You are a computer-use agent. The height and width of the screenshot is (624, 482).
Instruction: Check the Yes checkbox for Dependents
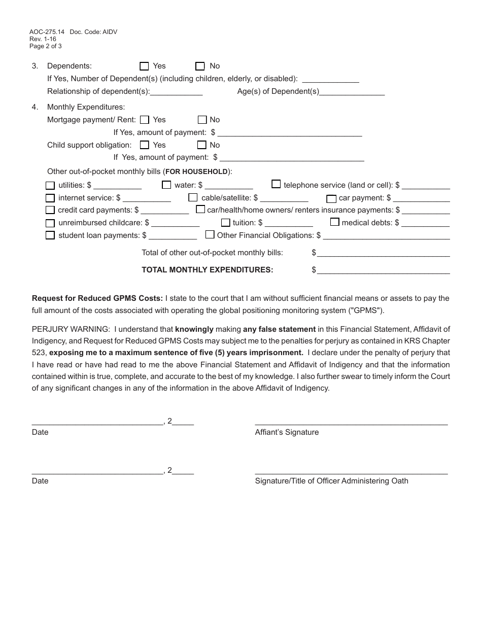144,66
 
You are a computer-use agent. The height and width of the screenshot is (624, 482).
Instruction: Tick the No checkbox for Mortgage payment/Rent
202,120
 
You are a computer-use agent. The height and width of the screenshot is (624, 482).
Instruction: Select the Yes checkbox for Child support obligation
144,145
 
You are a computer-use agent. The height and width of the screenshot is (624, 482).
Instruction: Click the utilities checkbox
50,186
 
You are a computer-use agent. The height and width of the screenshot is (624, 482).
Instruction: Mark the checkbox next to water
166,185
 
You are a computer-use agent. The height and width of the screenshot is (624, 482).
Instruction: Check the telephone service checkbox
276,184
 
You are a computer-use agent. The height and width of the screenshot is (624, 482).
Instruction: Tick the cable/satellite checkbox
193,197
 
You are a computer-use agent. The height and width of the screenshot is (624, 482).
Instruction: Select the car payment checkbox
331,198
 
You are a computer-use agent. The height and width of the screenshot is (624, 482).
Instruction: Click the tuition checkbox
225,223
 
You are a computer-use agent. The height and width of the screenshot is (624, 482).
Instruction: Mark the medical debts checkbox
335,222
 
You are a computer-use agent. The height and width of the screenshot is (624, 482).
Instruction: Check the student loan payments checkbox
50,235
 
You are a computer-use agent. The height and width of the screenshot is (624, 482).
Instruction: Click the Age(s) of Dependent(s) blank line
352,92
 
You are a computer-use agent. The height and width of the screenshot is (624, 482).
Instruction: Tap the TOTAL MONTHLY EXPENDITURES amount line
383,270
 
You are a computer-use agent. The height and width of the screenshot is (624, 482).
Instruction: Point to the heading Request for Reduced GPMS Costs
97,298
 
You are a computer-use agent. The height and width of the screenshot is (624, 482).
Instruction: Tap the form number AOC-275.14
47,32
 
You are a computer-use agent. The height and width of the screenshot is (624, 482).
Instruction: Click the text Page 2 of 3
46,46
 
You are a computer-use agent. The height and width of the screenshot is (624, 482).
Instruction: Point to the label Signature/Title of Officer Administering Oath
331,481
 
